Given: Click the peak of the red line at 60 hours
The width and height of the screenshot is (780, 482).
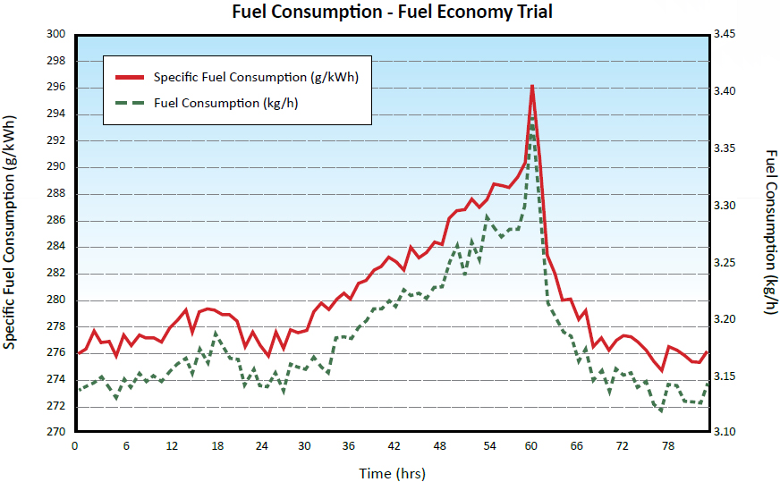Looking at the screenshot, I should click(x=532, y=87).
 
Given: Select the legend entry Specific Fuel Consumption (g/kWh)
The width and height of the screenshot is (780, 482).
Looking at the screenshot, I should click(x=256, y=77).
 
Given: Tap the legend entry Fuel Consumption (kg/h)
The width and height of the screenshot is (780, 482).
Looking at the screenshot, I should click(x=226, y=103).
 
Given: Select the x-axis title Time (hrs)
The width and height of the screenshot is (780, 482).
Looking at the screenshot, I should click(x=392, y=473).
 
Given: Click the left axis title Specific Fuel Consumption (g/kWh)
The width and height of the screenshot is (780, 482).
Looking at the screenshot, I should click(x=10, y=233).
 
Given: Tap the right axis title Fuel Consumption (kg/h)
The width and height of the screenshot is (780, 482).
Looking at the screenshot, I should click(x=770, y=233).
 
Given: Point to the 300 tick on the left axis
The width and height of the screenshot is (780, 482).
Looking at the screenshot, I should click(x=56, y=34).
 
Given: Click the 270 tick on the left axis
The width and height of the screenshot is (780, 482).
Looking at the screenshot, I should click(x=56, y=432).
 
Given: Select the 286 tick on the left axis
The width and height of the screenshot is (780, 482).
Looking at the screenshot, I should click(x=56, y=220).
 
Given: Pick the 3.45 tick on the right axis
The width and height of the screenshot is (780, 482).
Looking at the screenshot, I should click(x=724, y=34).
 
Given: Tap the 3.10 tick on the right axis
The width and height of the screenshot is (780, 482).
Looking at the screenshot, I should click(x=724, y=432).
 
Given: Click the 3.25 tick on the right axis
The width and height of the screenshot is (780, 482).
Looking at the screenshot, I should click(x=724, y=262).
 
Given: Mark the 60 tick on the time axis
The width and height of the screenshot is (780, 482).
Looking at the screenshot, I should click(x=531, y=445).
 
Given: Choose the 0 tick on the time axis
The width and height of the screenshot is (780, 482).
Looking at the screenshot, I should click(x=75, y=445).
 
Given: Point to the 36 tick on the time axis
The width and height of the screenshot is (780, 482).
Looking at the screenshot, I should click(x=349, y=445).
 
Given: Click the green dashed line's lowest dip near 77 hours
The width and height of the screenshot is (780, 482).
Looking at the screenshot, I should click(x=661, y=410).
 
